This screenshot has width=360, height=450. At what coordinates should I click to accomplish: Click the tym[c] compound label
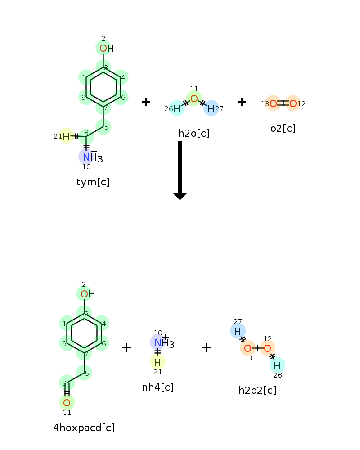coord(93,182)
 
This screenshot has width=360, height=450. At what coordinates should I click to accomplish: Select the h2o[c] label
coord(194,134)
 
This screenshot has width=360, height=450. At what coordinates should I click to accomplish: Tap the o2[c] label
coord(283,129)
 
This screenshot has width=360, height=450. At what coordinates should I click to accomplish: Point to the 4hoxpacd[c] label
coord(84,427)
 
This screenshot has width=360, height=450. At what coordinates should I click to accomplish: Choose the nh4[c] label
coord(158,387)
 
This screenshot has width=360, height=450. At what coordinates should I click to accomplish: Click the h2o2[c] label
coord(257,390)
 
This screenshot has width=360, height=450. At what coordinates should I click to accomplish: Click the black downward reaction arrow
coord(180,170)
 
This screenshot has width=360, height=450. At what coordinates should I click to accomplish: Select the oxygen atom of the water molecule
coord(194,99)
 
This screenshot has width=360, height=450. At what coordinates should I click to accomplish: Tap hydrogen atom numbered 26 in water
coord(177,108)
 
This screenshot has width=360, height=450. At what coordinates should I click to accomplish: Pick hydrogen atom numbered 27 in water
coord(211,108)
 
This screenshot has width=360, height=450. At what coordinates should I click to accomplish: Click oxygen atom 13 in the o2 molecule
coord(273,103)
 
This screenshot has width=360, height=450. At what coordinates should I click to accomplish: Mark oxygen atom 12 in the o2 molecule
coord(293,103)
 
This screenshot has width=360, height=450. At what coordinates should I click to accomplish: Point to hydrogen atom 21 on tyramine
coord(66,136)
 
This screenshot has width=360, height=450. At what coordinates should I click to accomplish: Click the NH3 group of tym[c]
coord(92,157)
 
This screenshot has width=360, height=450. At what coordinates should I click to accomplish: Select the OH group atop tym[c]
coord(107,48)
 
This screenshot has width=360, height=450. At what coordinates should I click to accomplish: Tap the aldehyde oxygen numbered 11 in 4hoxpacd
coord(67,403)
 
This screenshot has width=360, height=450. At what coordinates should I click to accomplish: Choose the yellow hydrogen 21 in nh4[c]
coord(157,362)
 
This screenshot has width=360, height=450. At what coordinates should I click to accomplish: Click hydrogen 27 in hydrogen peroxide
coord(238,331)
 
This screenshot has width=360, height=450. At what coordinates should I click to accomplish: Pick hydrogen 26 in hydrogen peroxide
coord(277,365)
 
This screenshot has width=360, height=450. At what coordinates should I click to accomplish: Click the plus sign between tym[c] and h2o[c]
coord(146,102)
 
